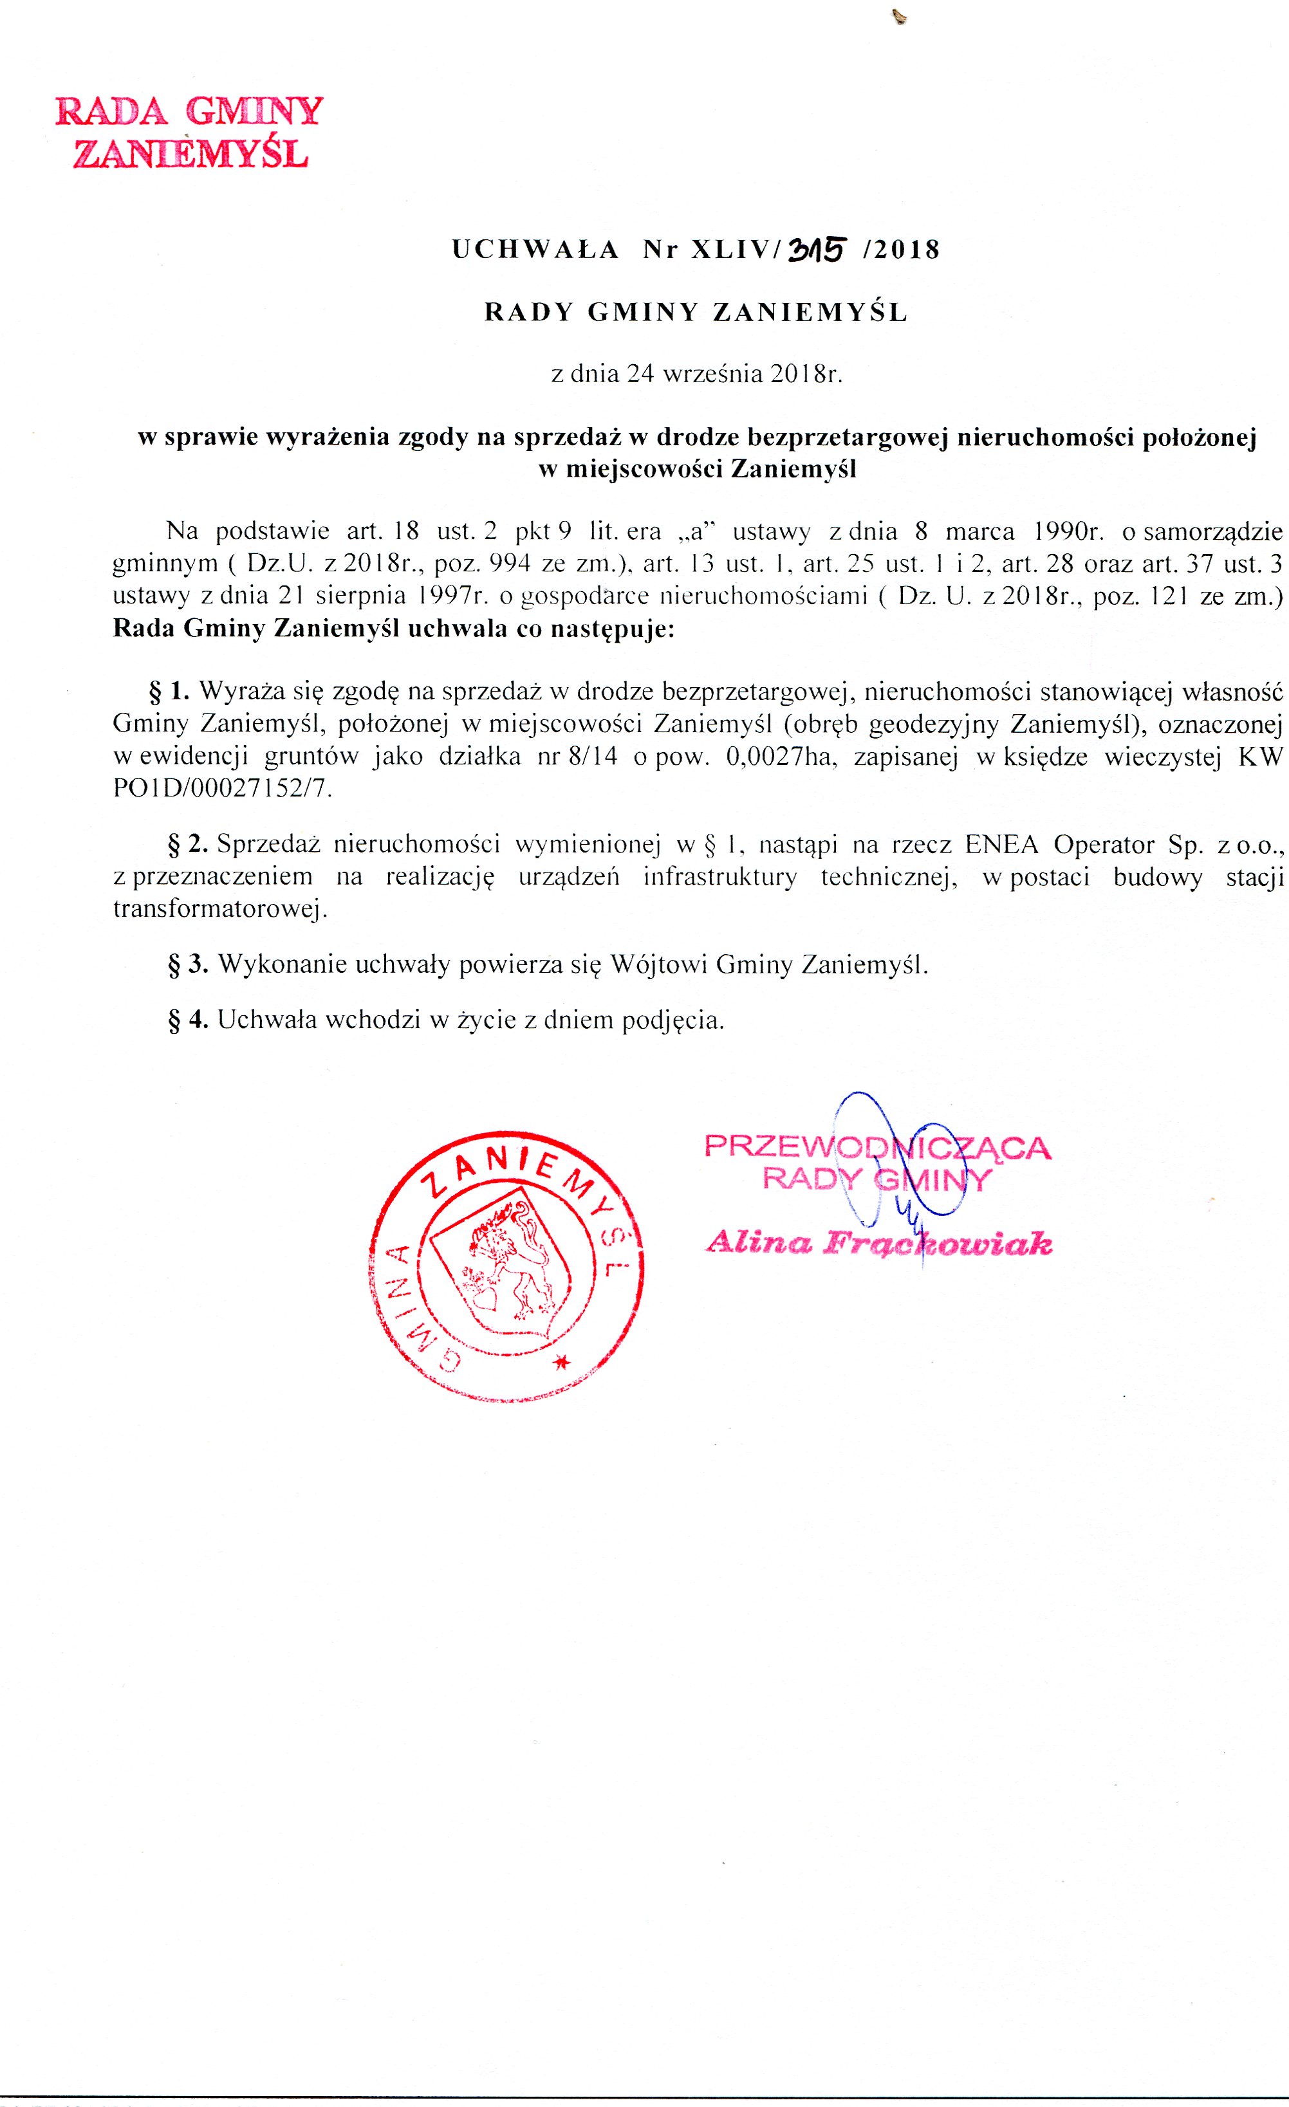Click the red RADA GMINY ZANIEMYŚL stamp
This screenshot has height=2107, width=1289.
click(x=189, y=133)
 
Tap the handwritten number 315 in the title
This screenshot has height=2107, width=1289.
click(x=817, y=249)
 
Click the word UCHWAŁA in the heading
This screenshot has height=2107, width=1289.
click(x=535, y=250)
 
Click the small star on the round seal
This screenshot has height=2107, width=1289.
click(x=561, y=1363)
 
